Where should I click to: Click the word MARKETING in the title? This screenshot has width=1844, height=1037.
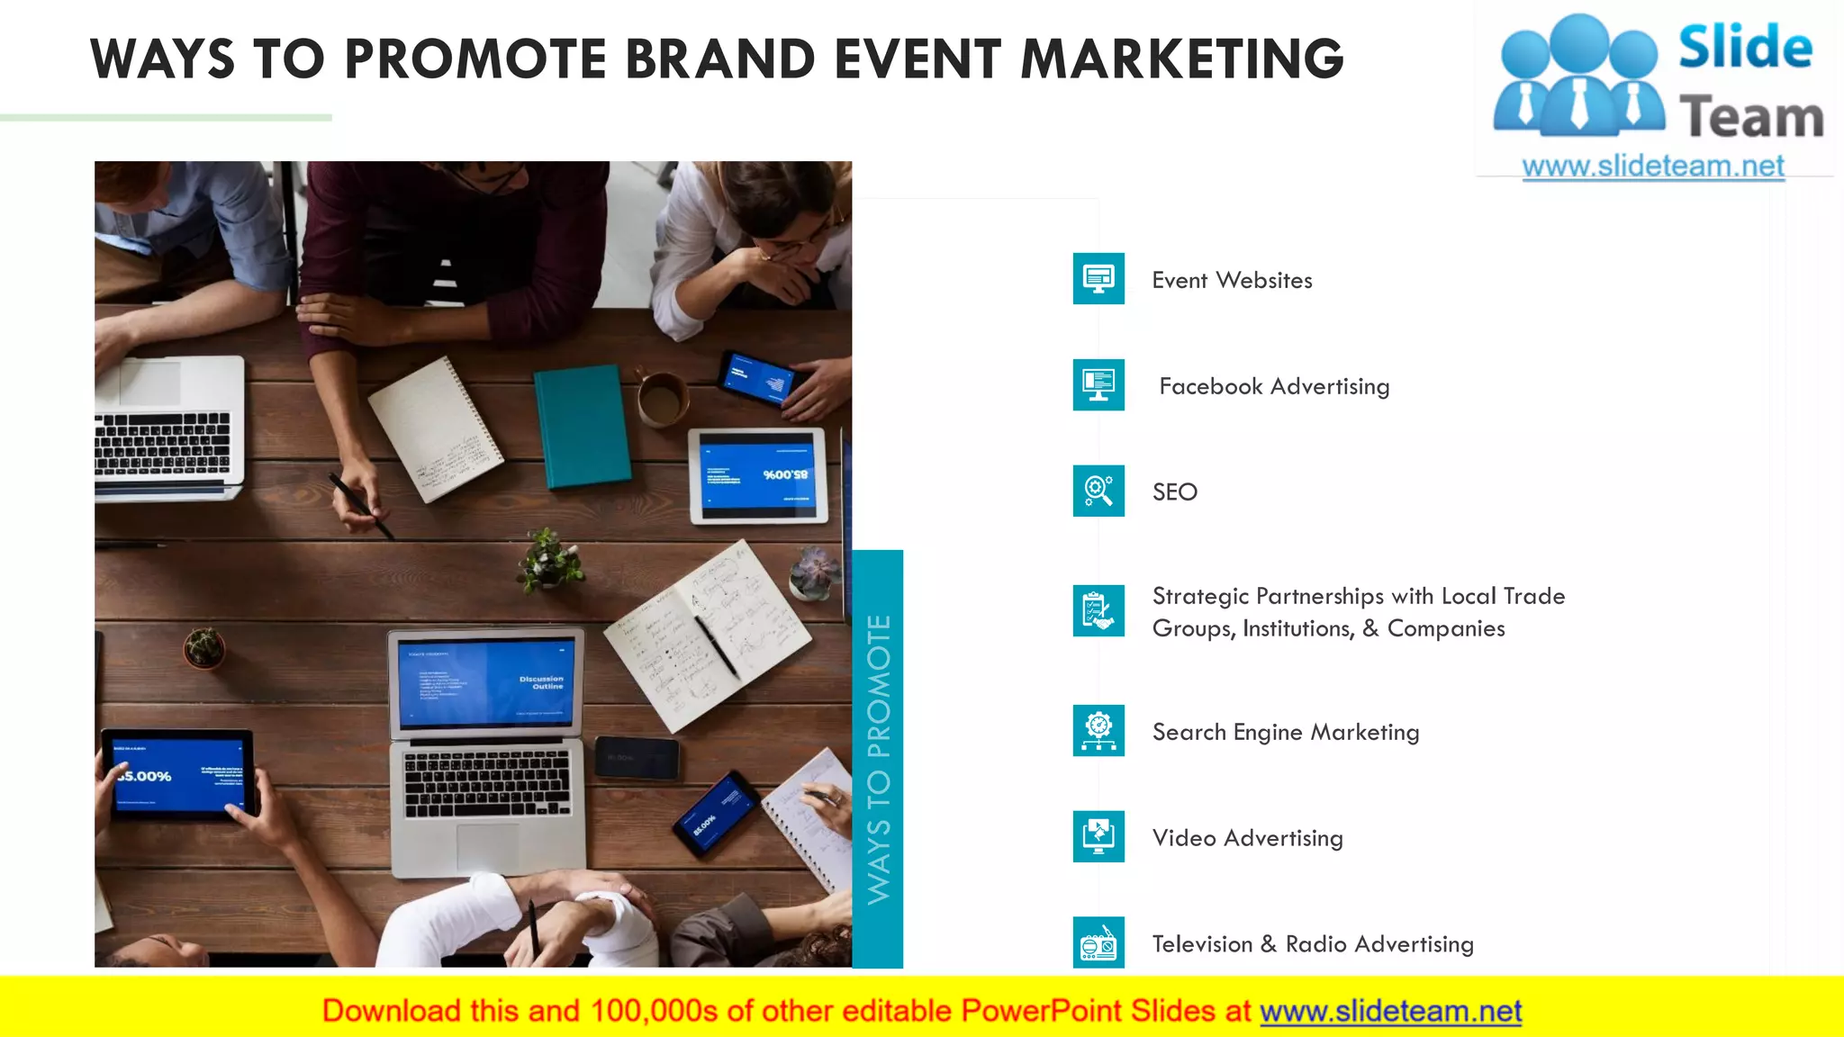tap(1181, 59)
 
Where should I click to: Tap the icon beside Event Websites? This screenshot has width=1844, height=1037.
tap(1098, 279)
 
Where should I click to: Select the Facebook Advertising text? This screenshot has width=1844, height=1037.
tap(1274, 386)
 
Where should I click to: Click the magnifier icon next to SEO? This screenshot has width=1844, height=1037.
tap(1098, 491)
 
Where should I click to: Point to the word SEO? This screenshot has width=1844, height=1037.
tap(1175, 492)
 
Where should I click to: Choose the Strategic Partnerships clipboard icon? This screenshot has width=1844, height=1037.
tap(1098, 611)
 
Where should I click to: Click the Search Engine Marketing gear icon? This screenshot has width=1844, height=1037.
tap(1098, 730)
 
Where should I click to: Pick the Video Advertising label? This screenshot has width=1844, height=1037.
tap(1247, 838)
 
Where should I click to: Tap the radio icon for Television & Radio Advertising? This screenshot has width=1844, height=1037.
tap(1098, 942)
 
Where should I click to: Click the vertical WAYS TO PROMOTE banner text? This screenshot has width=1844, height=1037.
tap(878, 759)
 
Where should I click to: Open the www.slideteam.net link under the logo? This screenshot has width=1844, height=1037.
tap(1653, 167)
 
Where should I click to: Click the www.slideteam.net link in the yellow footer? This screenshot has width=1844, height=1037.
tap(1390, 1011)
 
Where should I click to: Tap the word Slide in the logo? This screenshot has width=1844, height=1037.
tap(1745, 48)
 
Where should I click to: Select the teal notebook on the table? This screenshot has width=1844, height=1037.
tap(582, 426)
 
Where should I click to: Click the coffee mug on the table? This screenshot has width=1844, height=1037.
tap(662, 399)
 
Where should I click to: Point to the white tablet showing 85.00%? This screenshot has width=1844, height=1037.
tap(757, 475)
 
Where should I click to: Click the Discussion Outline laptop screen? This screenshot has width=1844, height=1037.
tap(486, 682)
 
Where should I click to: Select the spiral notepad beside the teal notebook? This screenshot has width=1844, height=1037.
tap(435, 429)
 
